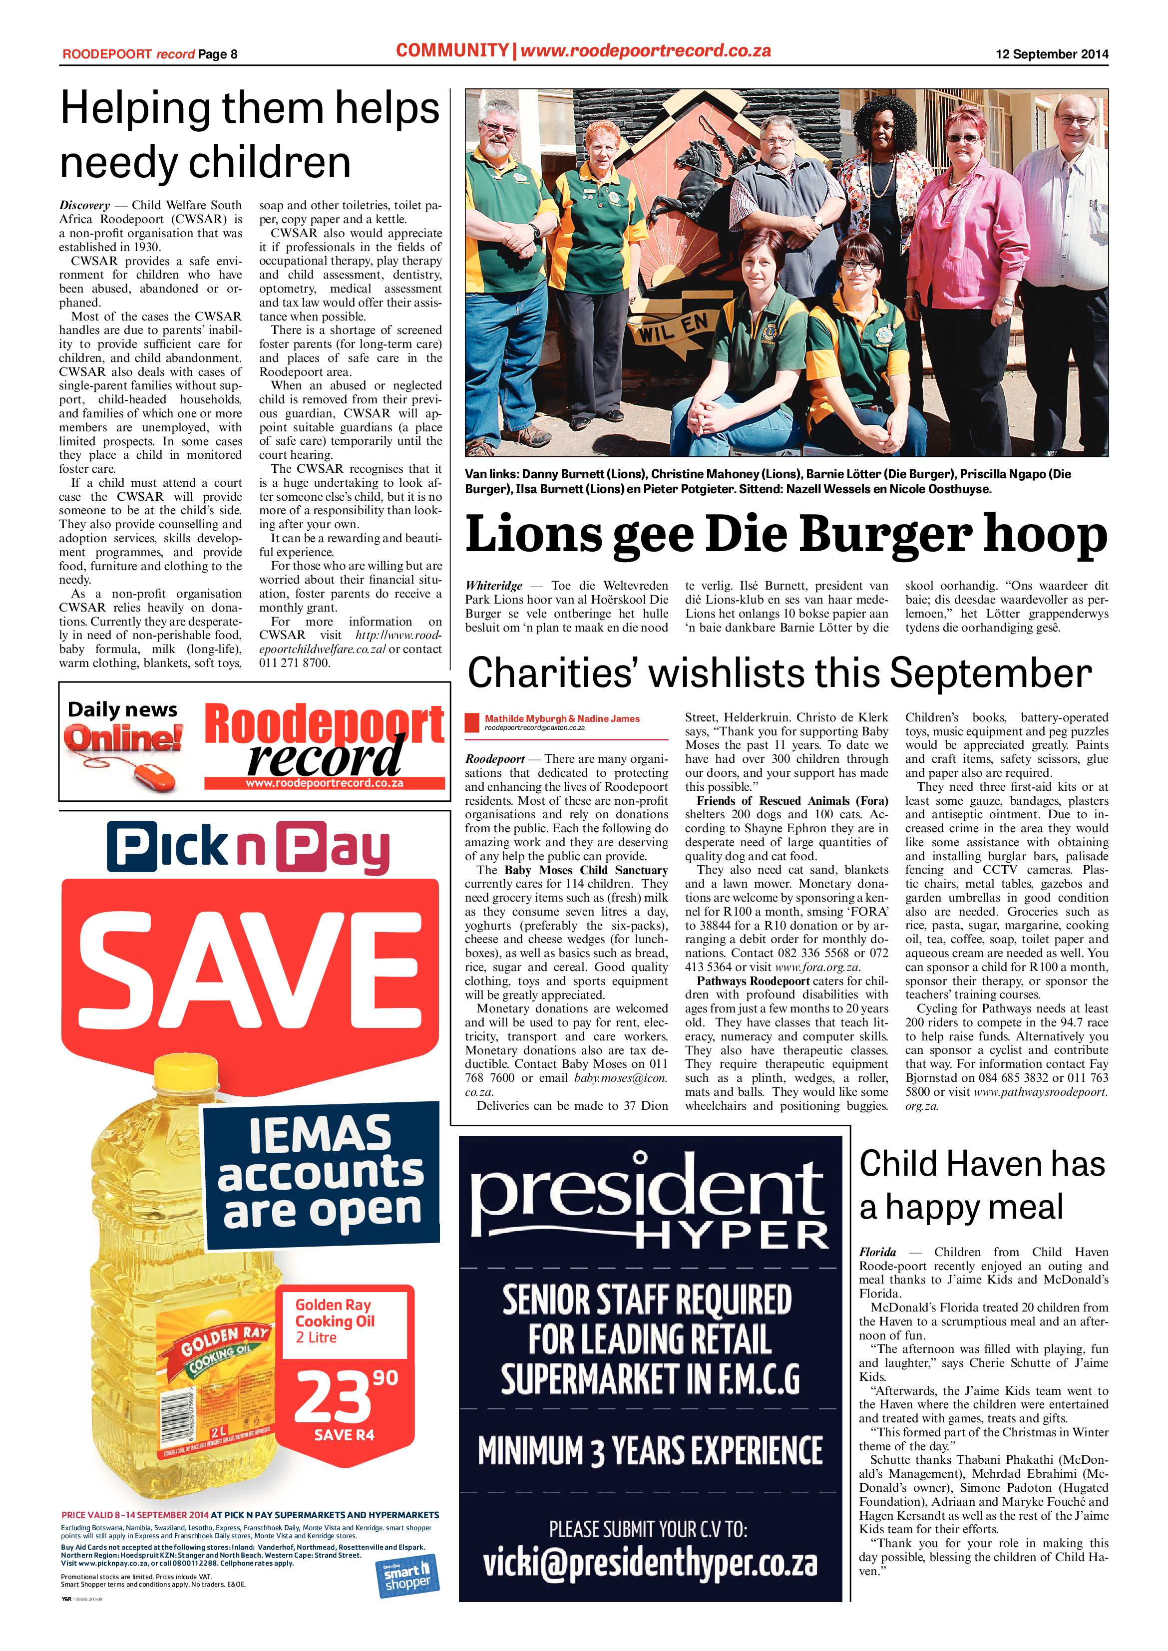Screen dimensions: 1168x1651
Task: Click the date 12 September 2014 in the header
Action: tap(1052, 54)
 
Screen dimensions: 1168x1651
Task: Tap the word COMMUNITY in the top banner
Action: tap(451, 50)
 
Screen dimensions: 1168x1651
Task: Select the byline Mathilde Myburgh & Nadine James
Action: tap(562, 718)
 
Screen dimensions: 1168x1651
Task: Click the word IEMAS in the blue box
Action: tap(320, 1134)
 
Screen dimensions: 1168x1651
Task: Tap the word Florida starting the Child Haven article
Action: tap(877, 1252)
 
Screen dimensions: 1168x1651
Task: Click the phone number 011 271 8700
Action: tap(294, 663)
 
